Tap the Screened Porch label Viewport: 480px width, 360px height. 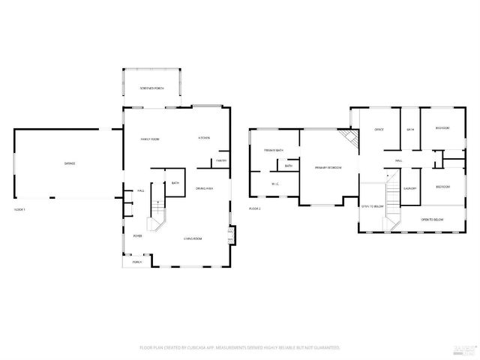(x=151, y=88)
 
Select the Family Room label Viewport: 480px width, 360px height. (x=150, y=139)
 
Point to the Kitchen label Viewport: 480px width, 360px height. (x=203, y=138)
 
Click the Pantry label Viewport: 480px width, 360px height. (x=221, y=160)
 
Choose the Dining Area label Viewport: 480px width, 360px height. (x=205, y=188)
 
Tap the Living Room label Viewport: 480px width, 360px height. (x=193, y=238)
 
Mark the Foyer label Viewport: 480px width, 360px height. (x=138, y=235)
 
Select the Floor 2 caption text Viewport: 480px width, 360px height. (x=255, y=208)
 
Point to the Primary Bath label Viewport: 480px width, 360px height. (x=274, y=150)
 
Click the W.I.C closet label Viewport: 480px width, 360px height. (x=275, y=182)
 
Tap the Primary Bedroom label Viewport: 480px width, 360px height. (x=328, y=167)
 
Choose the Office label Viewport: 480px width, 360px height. (x=379, y=130)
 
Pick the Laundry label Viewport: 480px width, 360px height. (x=409, y=188)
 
